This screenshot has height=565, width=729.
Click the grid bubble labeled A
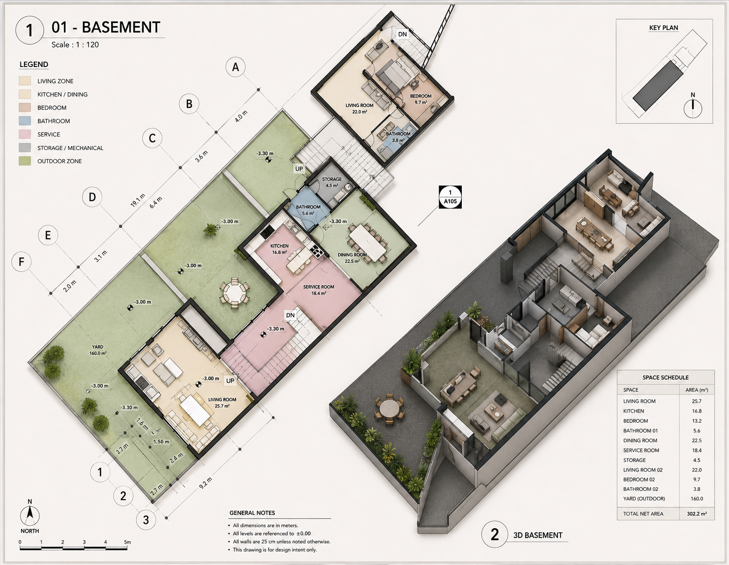[235, 67]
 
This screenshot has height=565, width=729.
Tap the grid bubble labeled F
[22, 262]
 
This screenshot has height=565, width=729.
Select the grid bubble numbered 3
[146, 520]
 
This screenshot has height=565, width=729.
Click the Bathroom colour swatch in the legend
[25, 121]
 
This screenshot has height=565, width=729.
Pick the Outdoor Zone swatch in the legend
[25, 161]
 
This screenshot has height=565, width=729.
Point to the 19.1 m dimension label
[138, 200]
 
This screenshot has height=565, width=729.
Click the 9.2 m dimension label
[205, 483]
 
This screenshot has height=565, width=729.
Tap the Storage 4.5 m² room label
[332, 182]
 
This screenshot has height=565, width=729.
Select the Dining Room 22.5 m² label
[352, 257]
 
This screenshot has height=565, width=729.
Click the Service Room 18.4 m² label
[318, 290]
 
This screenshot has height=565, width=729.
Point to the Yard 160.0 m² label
[98, 350]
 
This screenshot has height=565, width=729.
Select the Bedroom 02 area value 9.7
[696, 479]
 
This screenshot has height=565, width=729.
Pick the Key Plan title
[663, 28]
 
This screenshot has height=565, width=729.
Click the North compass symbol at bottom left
[30, 516]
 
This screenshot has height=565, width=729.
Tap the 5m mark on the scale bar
[127, 541]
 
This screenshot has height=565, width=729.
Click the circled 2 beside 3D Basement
[495, 534]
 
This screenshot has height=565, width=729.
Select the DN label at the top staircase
[402, 34]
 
